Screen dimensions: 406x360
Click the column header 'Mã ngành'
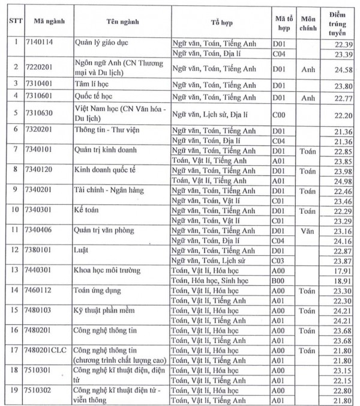point(49,22)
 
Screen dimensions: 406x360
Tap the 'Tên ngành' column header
point(122,22)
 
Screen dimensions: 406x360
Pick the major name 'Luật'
point(83,250)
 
